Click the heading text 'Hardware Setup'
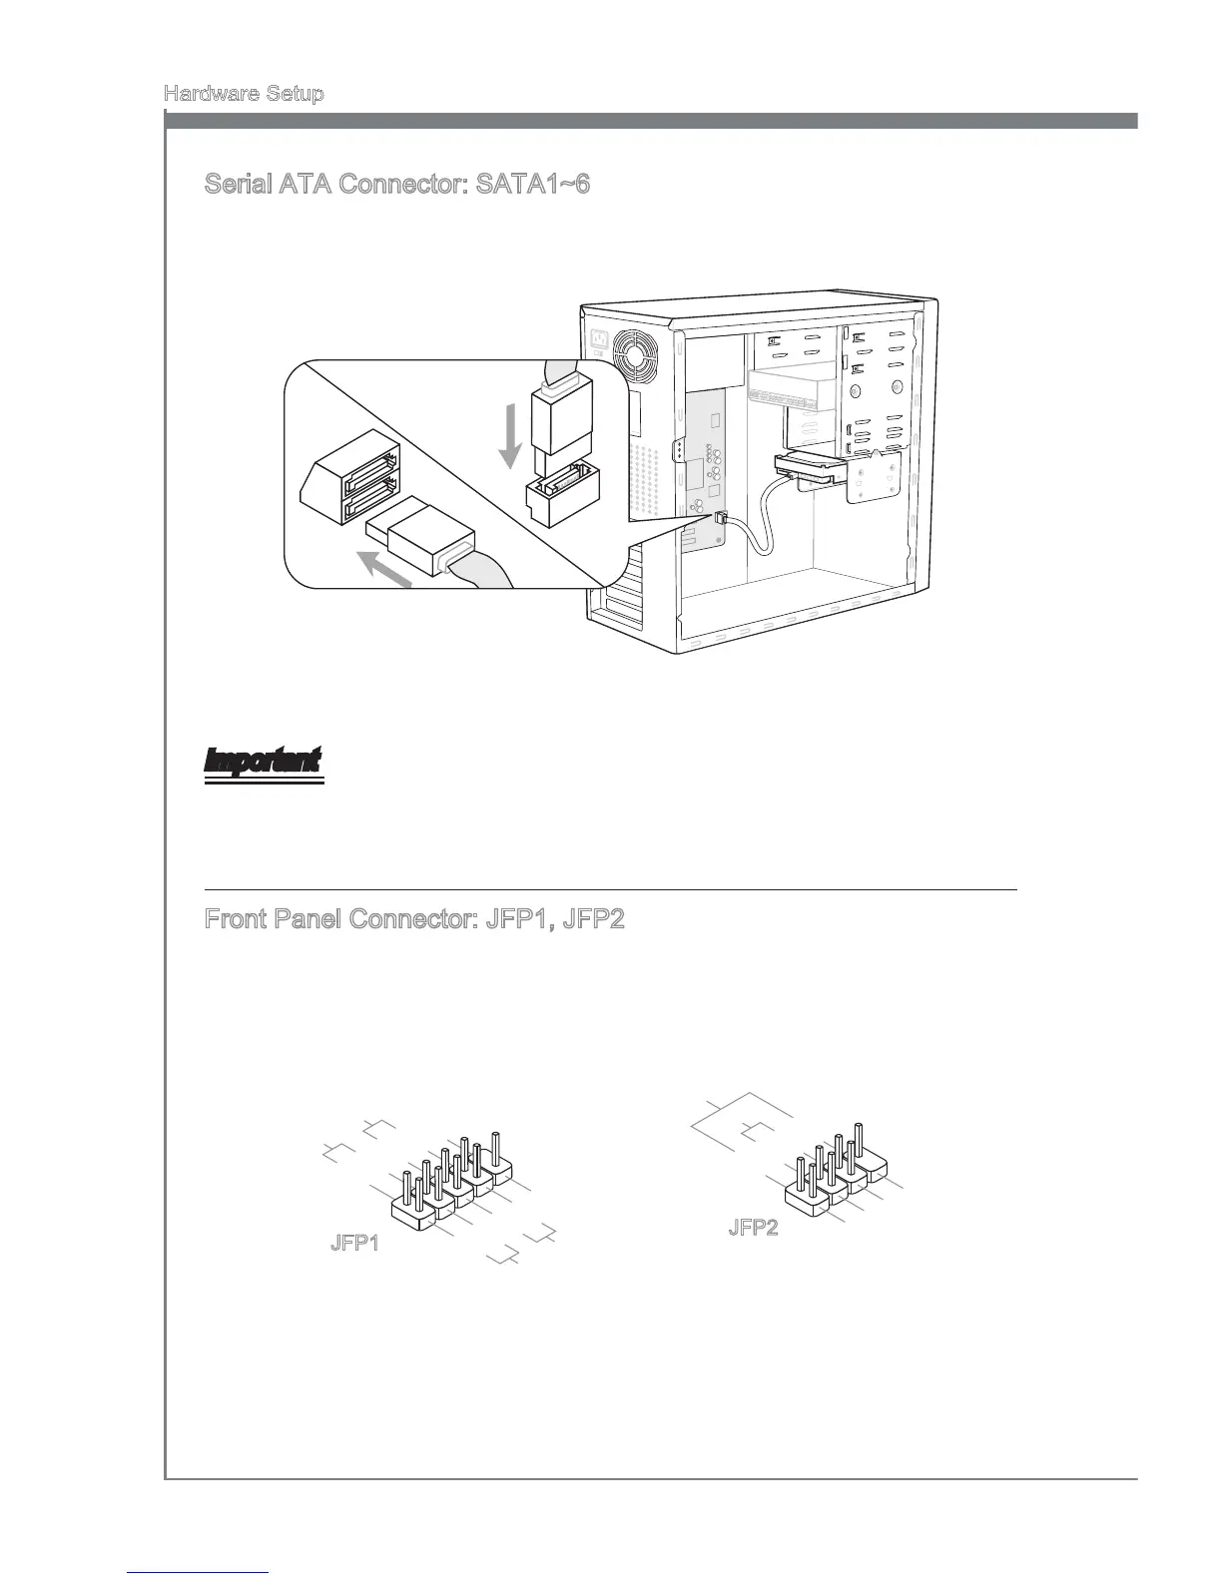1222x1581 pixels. [243, 94]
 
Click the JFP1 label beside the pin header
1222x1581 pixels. [354, 1245]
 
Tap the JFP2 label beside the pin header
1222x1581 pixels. [753, 1228]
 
